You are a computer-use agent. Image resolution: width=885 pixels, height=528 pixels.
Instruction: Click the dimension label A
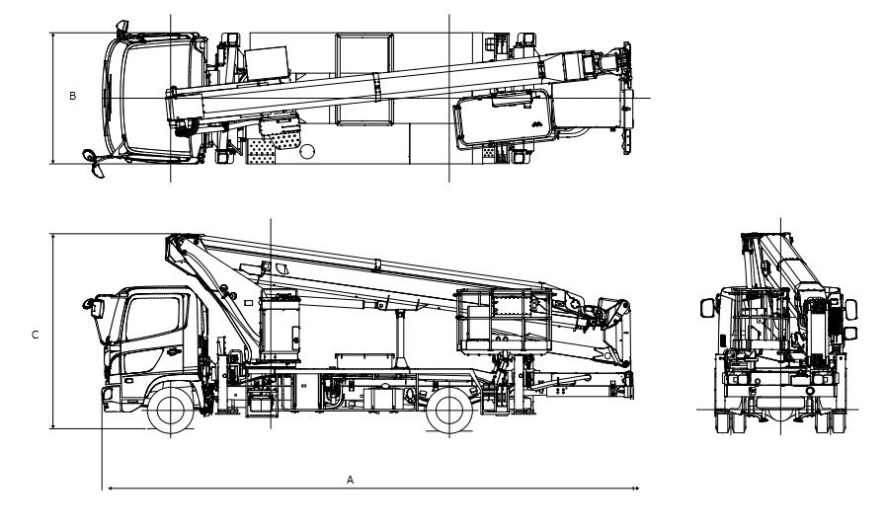pyautogui.click(x=350, y=480)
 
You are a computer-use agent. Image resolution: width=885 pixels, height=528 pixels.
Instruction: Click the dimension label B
pyautogui.click(x=72, y=96)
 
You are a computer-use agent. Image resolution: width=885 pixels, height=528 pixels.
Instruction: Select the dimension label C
pyautogui.click(x=35, y=336)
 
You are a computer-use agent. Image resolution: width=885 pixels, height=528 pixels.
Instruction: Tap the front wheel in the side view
pyautogui.click(x=171, y=411)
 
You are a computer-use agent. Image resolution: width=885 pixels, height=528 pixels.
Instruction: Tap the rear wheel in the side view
pyautogui.click(x=449, y=411)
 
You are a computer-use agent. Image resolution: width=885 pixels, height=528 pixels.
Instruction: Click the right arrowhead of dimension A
pyautogui.click(x=636, y=488)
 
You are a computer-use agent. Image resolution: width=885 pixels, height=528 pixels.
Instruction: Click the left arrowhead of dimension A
pyautogui.click(x=111, y=488)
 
